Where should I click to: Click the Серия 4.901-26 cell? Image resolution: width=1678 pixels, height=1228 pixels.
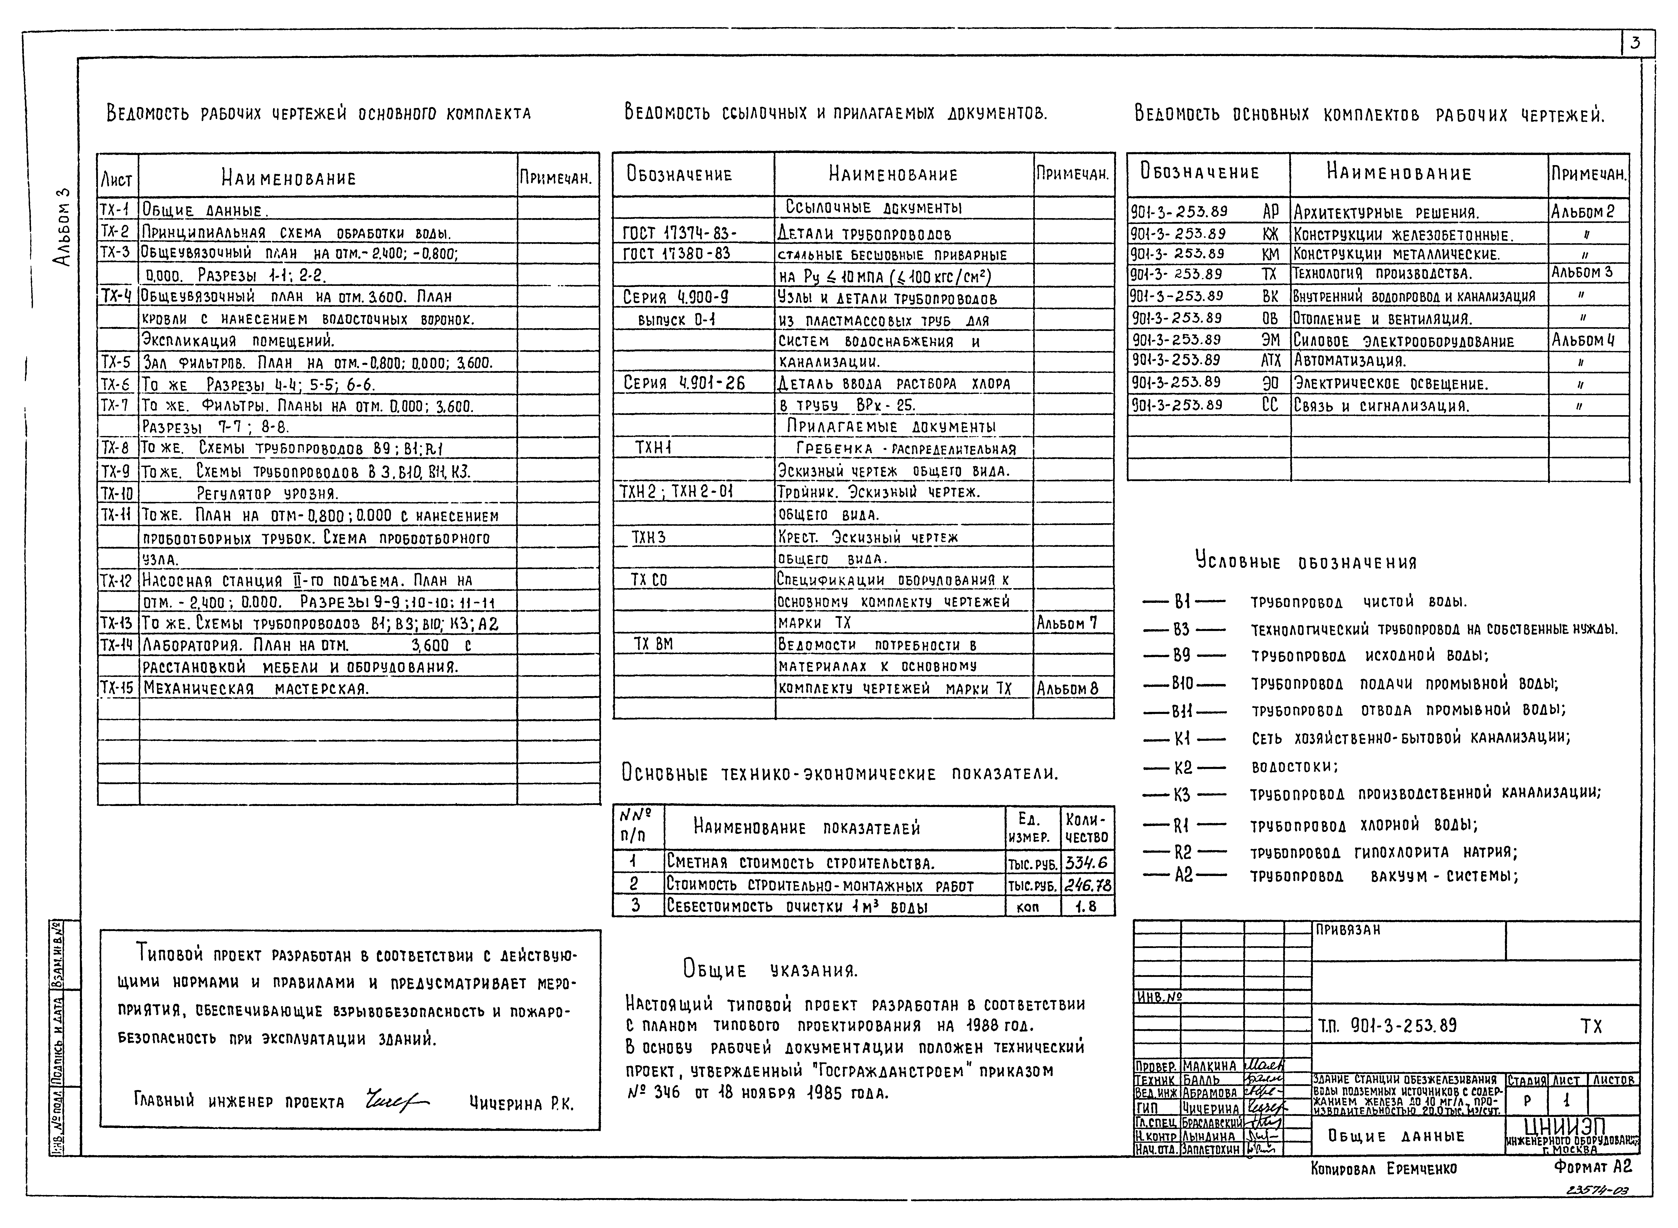pos(684,383)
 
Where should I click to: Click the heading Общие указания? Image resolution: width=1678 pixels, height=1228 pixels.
pos(770,969)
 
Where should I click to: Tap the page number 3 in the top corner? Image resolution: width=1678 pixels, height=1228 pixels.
pos(1635,43)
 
